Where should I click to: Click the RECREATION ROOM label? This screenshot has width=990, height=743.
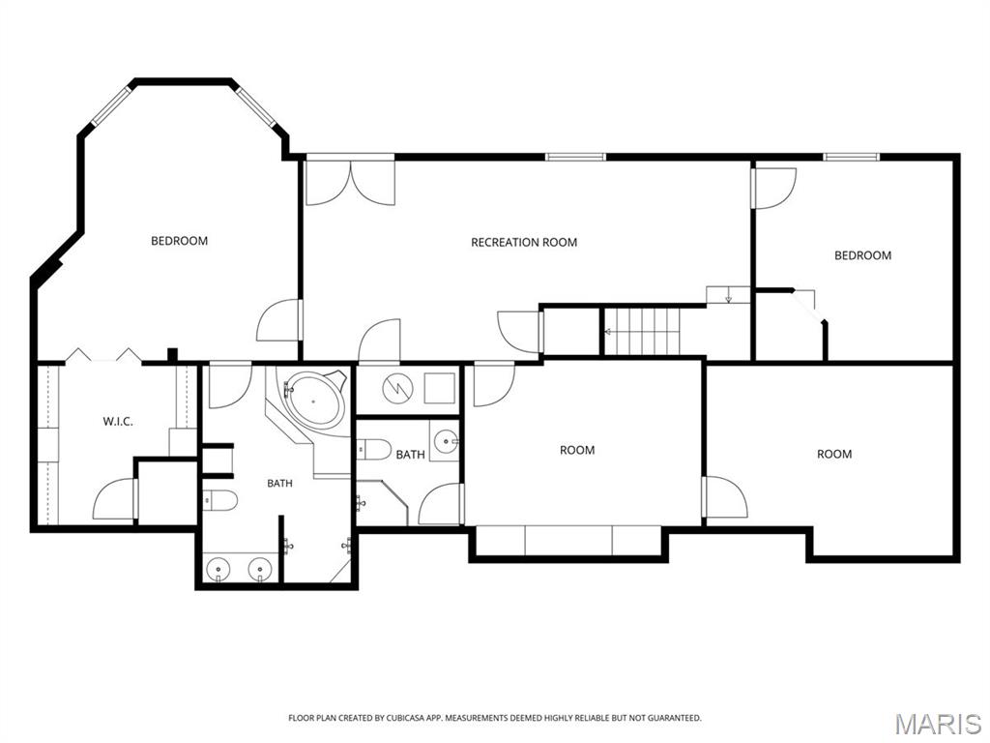[524, 242]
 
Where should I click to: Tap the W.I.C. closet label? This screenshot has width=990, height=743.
[118, 422]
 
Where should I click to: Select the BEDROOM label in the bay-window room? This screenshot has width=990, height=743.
[179, 241]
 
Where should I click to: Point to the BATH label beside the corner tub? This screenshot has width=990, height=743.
[279, 484]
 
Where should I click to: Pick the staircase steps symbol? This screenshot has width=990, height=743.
[643, 332]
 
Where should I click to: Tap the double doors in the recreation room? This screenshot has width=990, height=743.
[350, 182]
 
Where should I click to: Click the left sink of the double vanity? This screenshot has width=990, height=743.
[218, 569]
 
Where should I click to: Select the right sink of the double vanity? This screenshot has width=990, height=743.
[259, 569]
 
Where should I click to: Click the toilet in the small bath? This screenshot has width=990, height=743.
[374, 450]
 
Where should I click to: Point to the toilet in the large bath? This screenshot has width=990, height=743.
[220, 500]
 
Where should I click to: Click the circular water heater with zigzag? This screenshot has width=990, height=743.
[397, 388]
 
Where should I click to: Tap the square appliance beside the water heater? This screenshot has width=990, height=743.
[440, 388]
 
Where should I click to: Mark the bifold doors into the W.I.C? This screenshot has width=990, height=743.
[103, 355]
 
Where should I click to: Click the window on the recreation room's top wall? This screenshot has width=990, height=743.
[575, 157]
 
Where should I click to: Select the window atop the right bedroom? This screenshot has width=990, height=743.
[851, 157]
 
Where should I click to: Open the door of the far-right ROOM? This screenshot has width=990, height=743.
[725, 498]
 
